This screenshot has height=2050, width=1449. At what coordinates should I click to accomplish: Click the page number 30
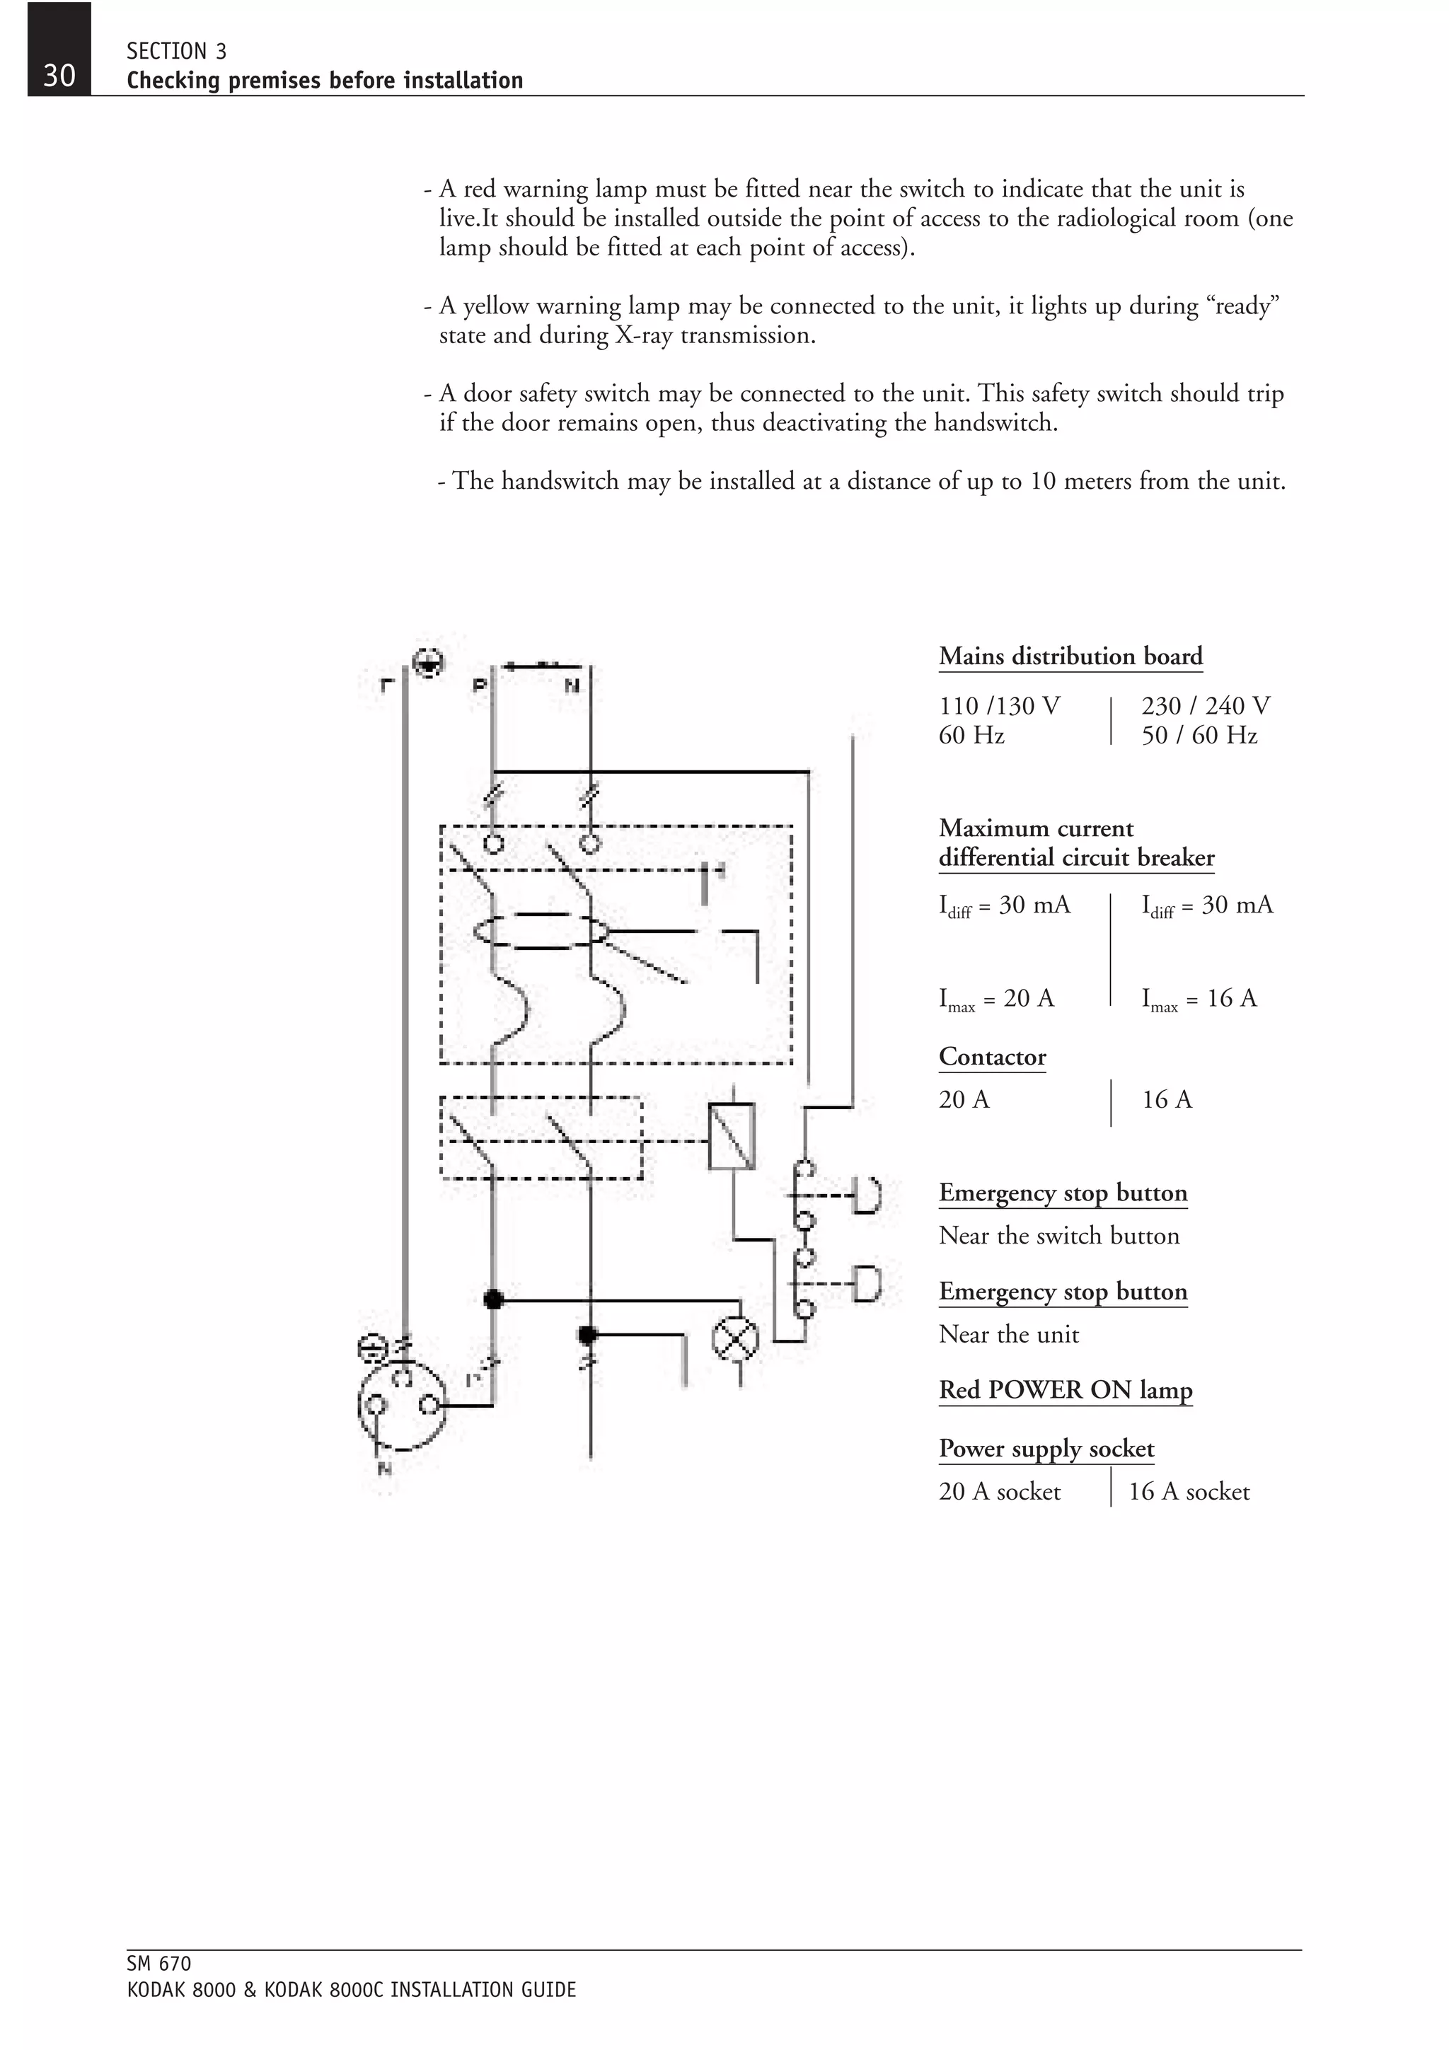coord(59,75)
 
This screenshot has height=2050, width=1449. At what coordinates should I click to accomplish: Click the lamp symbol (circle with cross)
coord(735,1339)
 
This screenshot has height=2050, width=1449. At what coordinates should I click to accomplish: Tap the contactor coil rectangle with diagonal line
coord(731,1136)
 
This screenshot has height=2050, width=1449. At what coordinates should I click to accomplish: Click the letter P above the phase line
coord(480,685)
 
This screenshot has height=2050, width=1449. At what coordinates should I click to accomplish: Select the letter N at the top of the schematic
coord(572,685)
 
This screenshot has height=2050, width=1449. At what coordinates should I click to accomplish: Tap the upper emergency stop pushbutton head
coord(866,1195)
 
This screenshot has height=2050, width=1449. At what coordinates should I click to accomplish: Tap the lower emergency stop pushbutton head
coord(866,1284)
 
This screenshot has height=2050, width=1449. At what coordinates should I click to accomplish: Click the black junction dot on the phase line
coord(493,1299)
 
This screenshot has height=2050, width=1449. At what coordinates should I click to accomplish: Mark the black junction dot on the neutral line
coord(587,1335)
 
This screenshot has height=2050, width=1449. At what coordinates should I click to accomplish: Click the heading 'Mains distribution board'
coord(1070,656)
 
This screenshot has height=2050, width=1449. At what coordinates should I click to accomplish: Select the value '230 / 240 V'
coord(1206,706)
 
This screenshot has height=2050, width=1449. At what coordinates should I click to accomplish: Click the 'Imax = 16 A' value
coord(1199,998)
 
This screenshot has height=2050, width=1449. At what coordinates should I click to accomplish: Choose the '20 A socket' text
coord(999,1492)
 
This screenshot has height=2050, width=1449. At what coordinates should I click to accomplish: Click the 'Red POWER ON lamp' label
coord(1065,1390)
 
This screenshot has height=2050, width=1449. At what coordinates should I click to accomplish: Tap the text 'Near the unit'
coord(1009,1335)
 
